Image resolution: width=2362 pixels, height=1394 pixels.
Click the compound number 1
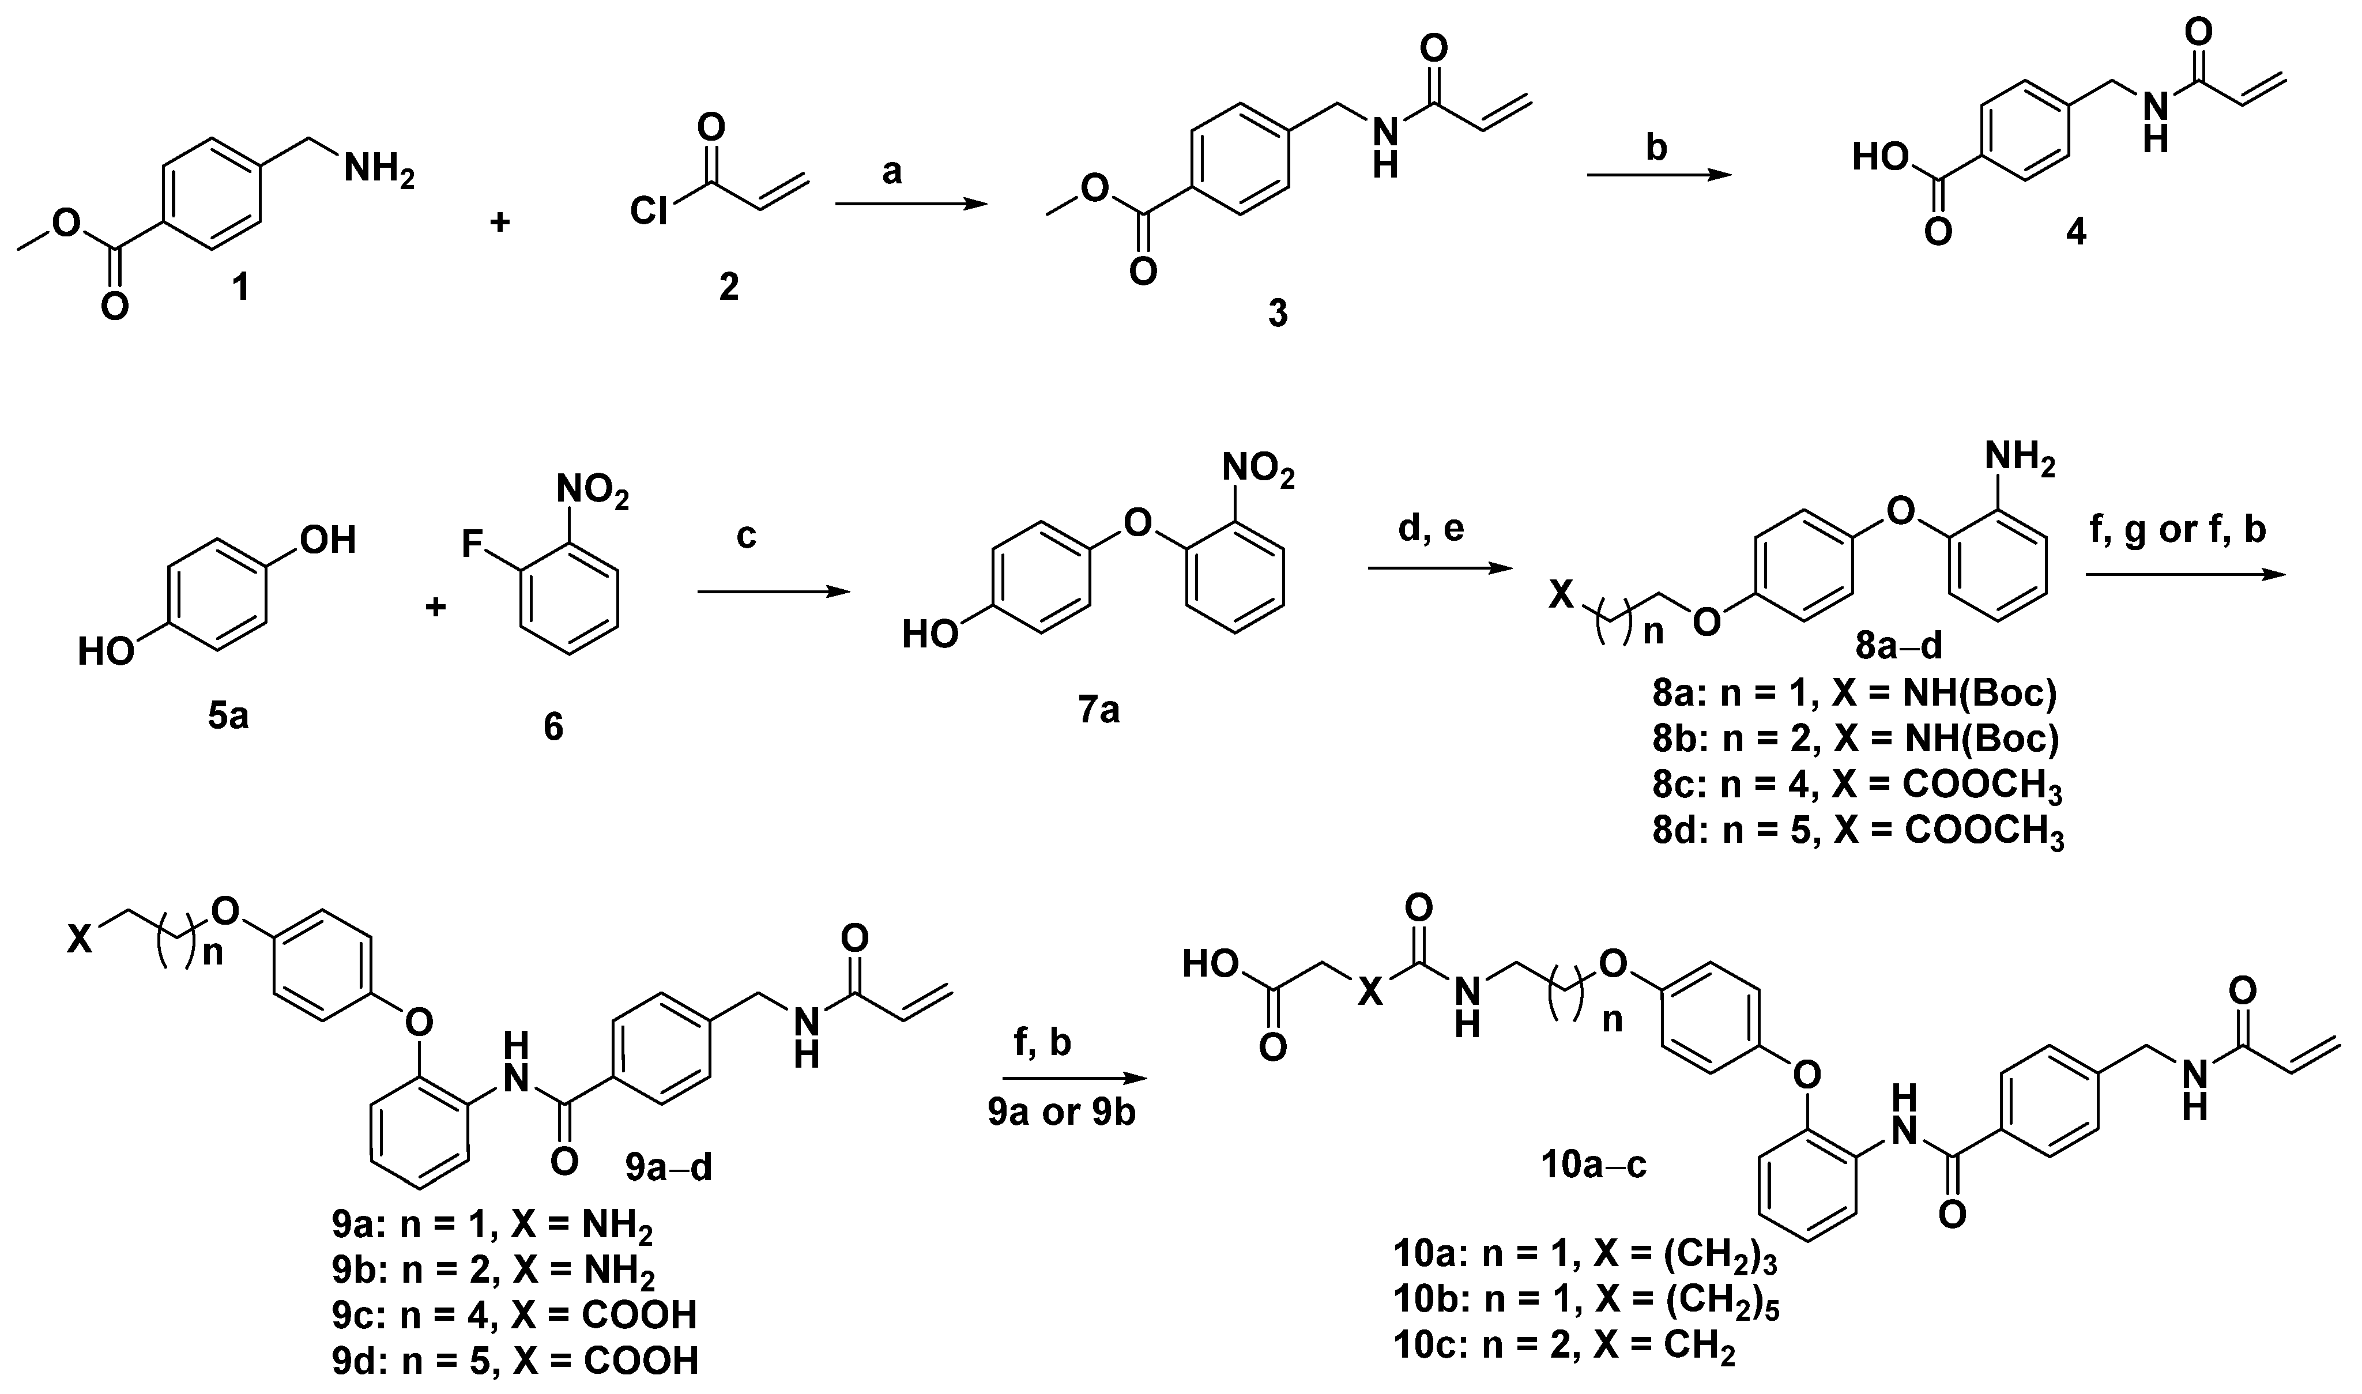[x=242, y=285]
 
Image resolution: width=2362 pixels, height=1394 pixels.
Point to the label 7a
[x=1098, y=711]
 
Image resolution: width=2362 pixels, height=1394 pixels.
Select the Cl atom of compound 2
[x=649, y=212]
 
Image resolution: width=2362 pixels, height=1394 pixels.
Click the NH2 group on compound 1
[x=378, y=171]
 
